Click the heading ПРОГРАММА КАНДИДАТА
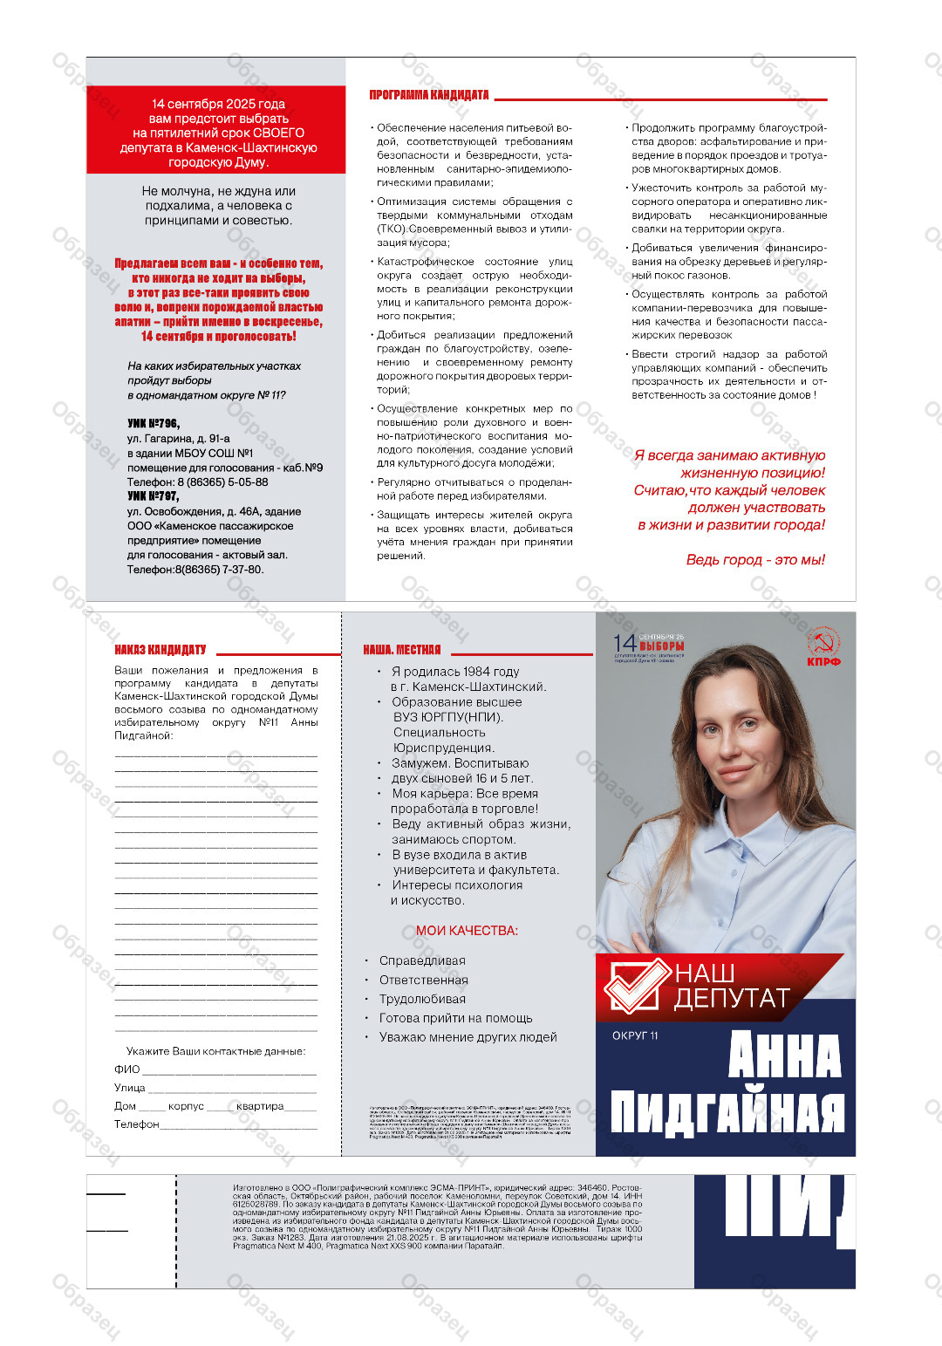point(428,95)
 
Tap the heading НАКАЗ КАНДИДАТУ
point(160,650)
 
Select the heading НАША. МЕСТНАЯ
point(402,650)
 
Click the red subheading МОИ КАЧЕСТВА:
point(467,931)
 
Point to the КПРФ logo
point(823,646)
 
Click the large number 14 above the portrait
point(625,644)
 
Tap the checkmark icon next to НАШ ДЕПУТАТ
point(637,986)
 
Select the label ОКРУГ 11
point(635,1035)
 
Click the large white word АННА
point(784,1056)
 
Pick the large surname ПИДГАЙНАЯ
point(727,1112)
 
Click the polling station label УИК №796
point(154,424)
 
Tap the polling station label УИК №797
point(154,496)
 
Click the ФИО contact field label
point(126,1069)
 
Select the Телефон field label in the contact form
point(136,1124)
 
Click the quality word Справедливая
point(422,960)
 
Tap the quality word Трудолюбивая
point(422,999)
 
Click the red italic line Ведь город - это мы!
point(755,560)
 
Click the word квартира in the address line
point(260,1106)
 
